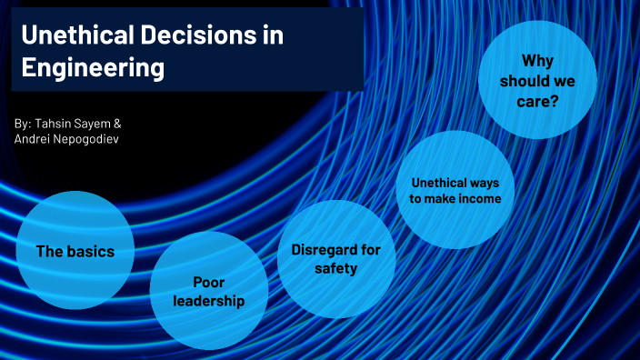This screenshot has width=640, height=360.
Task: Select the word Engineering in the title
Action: click(x=93, y=67)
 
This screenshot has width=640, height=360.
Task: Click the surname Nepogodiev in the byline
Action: click(x=86, y=139)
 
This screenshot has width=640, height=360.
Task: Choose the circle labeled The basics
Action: click(x=75, y=252)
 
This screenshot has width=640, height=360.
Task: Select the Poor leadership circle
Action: click(x=208, y=291)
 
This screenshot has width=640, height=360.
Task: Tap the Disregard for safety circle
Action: click(x=335, y=259)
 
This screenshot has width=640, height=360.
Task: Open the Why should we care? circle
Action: click(x=537, y=80)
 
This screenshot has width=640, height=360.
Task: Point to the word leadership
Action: click(x=209, y=301)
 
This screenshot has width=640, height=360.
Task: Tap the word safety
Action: click(x=336, y=268)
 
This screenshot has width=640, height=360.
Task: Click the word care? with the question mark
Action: click(x=541, y=101)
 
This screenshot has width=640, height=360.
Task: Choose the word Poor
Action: click(x=209, y=282)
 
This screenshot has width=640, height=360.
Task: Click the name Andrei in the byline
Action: click(x=31, y=139)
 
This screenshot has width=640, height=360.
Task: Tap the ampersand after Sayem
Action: click(x=117, y=122)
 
